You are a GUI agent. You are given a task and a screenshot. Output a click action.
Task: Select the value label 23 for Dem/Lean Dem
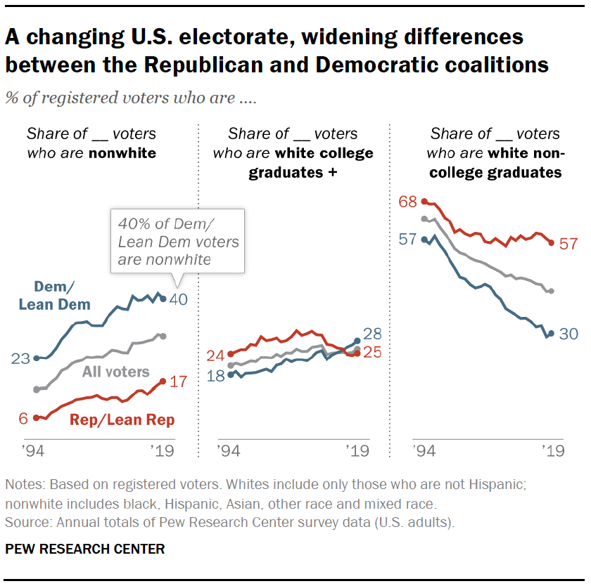tap(21, 358)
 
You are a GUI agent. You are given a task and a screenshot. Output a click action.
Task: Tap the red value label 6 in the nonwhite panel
tap(23, 418)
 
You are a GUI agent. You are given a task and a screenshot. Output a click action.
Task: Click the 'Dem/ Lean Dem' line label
tap(54, 295)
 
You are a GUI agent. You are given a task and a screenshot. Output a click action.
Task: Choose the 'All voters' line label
tap(116, 371)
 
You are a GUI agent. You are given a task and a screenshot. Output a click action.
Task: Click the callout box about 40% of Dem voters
tap(178, 241)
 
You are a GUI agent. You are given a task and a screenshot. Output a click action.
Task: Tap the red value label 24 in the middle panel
tap(216, 355)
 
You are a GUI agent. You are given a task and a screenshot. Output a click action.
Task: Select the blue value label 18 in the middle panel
tap(216, 375)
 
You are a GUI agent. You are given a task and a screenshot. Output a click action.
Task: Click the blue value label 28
tap(372, 334)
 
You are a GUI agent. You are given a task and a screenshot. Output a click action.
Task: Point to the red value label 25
tap(372, 353)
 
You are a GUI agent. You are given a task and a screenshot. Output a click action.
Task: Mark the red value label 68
tap(407, 202)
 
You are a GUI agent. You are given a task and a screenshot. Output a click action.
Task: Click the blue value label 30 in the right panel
tap(568, 334)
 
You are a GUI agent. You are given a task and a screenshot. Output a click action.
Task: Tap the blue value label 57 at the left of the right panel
tap(407, 239)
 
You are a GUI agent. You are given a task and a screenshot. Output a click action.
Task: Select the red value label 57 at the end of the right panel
tap(568, 244)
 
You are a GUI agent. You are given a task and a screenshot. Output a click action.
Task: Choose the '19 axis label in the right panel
tap(552, 450)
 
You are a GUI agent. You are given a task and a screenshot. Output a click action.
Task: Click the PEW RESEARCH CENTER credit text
tap(85, 549)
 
